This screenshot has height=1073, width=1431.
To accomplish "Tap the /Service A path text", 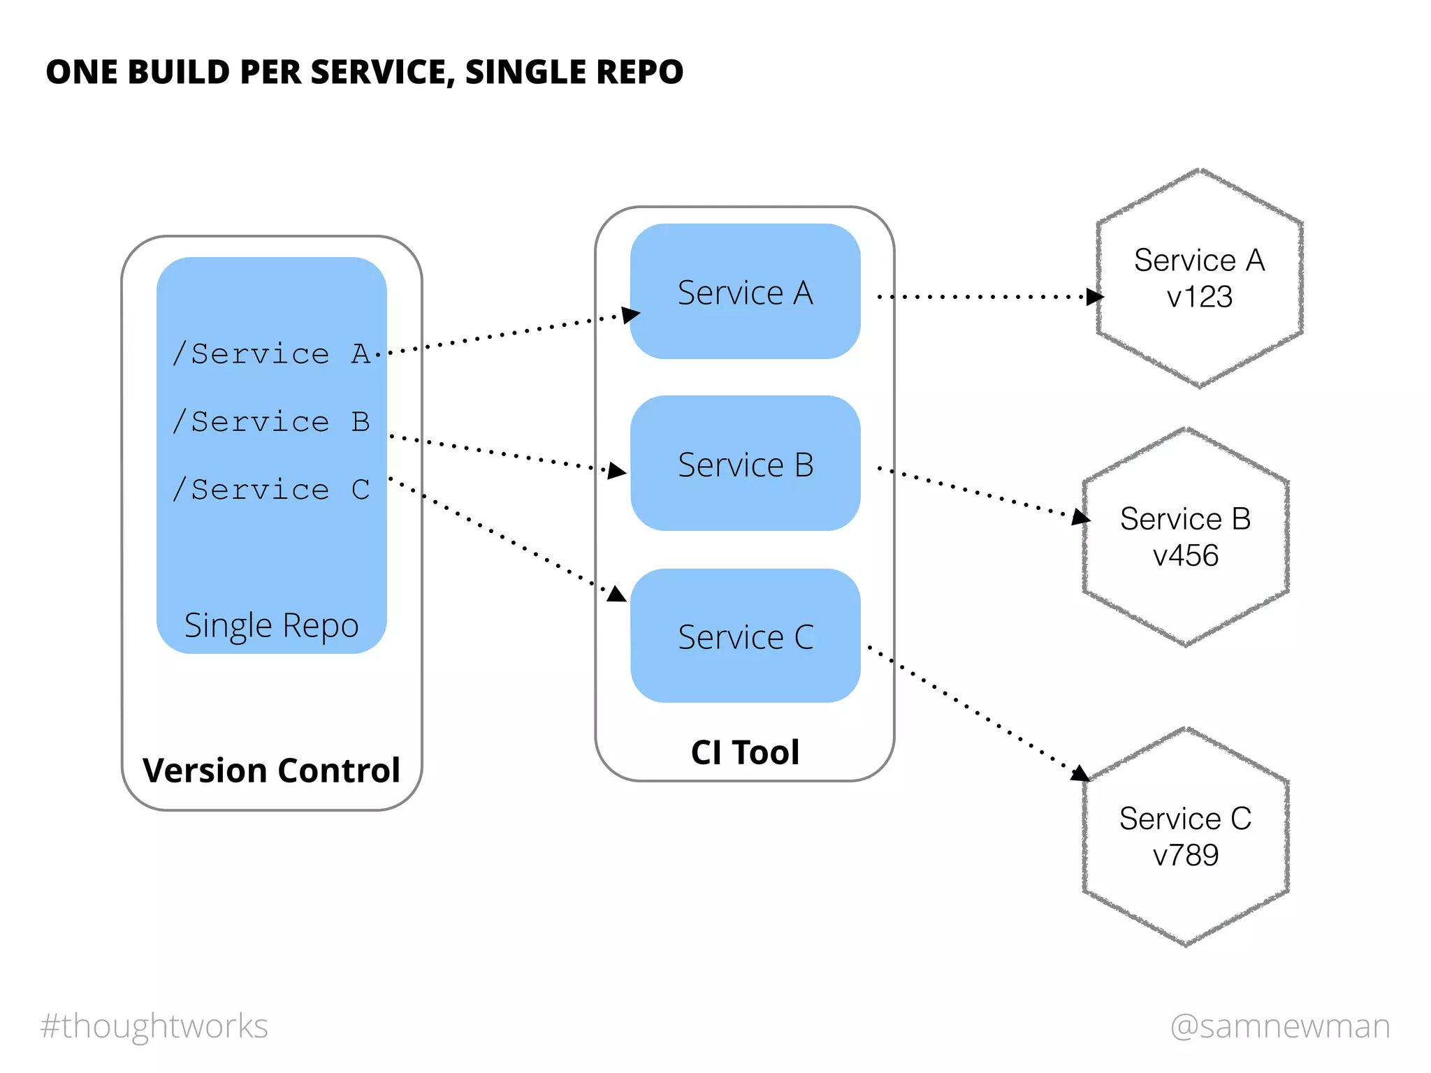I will (271, 354).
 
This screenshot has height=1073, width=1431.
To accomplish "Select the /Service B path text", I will (271, 422).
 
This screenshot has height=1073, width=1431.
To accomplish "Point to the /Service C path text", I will (271, 490).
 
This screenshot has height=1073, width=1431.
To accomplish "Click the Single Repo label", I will (271, 625).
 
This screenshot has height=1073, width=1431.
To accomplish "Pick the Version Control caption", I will (271, 771).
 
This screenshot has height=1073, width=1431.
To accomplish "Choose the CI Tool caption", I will (745, 752).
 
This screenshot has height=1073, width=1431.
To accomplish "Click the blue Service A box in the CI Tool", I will (745, 291).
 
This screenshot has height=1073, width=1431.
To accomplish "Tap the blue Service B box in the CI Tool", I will (745, 464).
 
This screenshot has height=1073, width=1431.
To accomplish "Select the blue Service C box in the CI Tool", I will (745, 636).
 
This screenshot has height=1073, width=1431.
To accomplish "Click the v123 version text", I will (1199, 297).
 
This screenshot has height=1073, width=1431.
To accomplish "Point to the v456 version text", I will (1185, 556).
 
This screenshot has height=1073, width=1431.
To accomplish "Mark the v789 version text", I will (1185, 855).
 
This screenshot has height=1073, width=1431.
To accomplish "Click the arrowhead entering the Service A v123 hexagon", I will (1094, 297).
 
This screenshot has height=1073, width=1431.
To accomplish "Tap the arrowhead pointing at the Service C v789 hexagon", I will (1080, 773).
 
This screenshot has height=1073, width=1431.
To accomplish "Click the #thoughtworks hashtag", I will (154, 1026).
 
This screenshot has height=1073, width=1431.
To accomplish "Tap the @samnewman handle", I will (1280, 1026).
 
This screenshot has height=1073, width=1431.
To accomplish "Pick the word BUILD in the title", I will (179, 72).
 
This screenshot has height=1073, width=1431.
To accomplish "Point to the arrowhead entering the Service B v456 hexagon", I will (1081, 517).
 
